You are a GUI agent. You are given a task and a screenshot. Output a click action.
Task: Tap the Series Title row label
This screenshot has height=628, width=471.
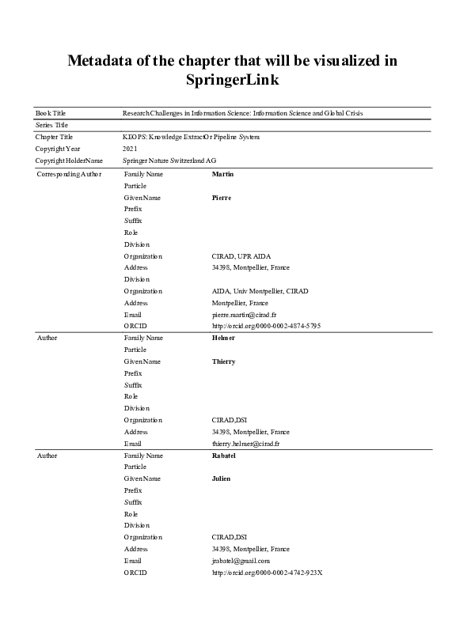tap(52, 125)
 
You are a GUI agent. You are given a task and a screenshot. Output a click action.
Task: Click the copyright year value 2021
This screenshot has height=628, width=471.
tap(131, 149)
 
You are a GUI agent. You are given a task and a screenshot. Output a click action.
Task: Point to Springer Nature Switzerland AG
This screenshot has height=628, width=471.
tap(169, 161)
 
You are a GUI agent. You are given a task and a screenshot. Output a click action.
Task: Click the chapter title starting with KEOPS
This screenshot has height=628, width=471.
tap(192, 137)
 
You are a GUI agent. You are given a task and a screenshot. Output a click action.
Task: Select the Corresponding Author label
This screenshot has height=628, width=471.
tap(69, 173)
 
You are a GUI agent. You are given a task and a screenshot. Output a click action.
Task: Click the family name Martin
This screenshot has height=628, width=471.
tap(222, 173)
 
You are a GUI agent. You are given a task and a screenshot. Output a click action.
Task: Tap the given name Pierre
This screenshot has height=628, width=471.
tap(222, 197)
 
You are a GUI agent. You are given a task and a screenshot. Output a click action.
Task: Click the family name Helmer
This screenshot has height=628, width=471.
tap(223, 338)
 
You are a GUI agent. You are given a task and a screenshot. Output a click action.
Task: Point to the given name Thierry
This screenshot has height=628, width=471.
tap(224, 361)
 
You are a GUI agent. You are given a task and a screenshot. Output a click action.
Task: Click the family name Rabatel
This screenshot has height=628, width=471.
tap(225, 456)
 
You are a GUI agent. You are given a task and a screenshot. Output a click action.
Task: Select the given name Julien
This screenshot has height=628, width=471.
tap(222, 479)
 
